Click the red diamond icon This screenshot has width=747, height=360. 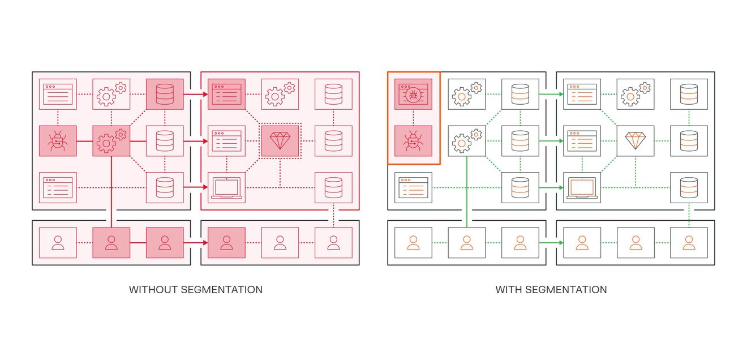[280, 141]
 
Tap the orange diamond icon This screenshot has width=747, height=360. [636, 141]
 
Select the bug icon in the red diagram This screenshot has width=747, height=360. [58, 141]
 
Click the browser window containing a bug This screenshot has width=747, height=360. [413, 94]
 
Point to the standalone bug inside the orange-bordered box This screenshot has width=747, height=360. [413, 141]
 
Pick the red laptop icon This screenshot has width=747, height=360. [226, 188]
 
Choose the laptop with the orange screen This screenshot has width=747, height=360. [582, 188]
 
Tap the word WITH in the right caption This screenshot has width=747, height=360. [509, 290]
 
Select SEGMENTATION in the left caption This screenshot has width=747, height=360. [221, 290]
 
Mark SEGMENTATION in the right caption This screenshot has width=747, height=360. [566, 290]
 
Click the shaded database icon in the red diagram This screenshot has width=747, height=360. [165, 94]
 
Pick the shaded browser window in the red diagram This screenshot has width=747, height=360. [226, 94]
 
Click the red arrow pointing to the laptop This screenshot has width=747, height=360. [196, 187]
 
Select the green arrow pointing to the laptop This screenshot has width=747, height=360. [551, 187]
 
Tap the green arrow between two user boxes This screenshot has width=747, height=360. [551, 243]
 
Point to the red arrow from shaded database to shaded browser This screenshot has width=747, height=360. [196, 94]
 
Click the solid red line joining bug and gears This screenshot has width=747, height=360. [84, 141]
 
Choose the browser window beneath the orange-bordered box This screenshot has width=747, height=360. [413, 187]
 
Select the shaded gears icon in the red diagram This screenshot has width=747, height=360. [111, 141]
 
